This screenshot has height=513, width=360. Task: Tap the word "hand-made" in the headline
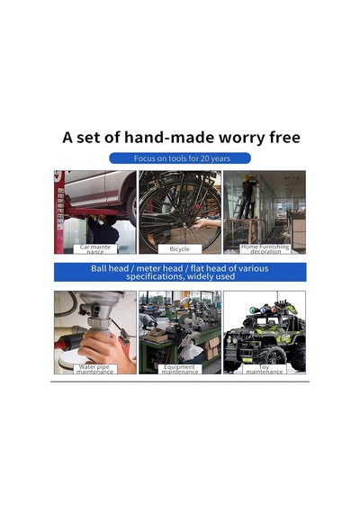click(x=169, y=137)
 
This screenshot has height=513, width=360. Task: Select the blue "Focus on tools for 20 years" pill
click(x=180, y=158)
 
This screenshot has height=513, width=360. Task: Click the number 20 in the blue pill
click(x=204, y=158)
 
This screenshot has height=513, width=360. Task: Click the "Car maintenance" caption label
click(x=94, y=249)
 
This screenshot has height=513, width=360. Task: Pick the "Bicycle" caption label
click(x=180, y=249)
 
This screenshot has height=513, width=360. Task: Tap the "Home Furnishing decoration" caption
click(x=265, y=248)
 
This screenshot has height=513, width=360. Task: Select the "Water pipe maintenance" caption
click(x=94, y=369)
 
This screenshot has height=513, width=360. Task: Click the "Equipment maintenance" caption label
click(x=180, y=369)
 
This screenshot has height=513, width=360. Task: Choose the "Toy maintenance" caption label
click(x=265, y=369)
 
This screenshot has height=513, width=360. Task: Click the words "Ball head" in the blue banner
click(x=110, y=268)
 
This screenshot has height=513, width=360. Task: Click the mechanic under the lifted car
click(x=103, y=229)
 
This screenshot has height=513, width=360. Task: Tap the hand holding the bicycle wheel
click(x=207, y=224)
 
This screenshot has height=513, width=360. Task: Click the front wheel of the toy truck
click(x=273, y=358)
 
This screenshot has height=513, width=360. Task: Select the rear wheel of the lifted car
click(x=131, y=207)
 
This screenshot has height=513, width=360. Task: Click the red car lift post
click(x=59, y=212)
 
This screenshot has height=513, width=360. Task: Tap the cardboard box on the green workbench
click(x=157, y=335)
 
